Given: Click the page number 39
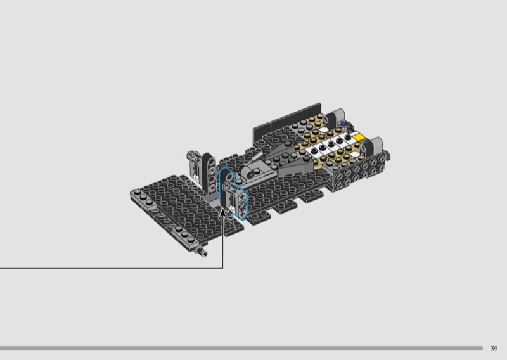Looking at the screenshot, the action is click(494, 349).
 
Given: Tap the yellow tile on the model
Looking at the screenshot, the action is click(359, 137).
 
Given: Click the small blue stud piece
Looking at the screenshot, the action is click(343, 123).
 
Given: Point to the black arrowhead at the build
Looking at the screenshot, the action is click(223, 213).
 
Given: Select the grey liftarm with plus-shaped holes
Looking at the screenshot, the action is click(241, 203).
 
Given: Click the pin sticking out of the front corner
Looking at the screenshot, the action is click(202, 251).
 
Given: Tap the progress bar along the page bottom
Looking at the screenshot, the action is click(241, 349).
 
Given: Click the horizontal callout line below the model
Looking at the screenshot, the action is click(112, 268).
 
